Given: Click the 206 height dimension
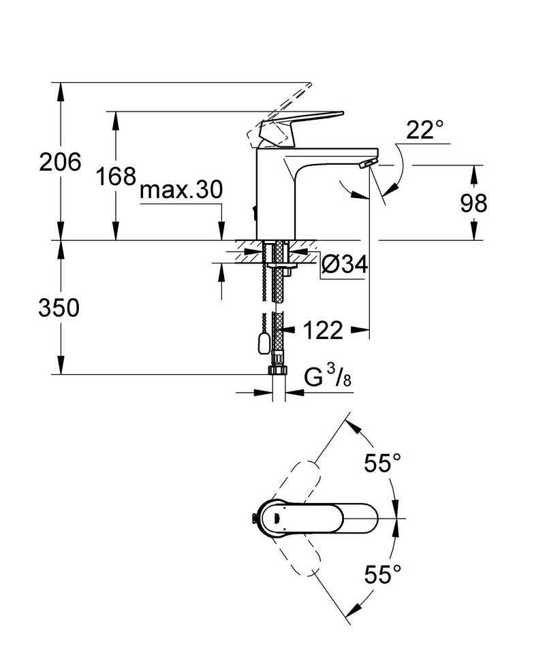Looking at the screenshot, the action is tap(60, 162).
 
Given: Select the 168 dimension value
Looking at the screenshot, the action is tap(116, 176).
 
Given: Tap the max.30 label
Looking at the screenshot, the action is tap(181, 190).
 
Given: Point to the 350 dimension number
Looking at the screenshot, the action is tap(59, 308).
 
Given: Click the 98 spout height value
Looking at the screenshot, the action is tap(473, 203).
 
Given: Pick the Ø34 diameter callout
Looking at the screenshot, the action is tap(345, 264).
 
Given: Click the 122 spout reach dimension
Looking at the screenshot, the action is tap(323, 330).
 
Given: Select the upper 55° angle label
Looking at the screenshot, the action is tap(383, 463).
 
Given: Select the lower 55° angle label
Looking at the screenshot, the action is tap(383, 575).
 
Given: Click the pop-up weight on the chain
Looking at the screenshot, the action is tap(263, 344).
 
